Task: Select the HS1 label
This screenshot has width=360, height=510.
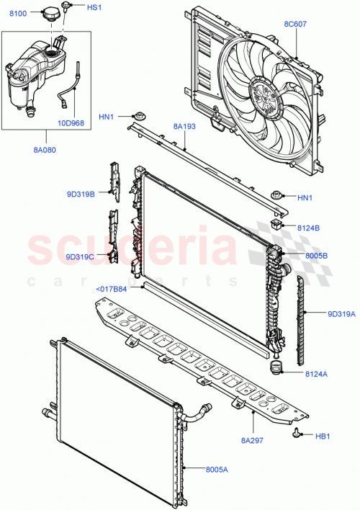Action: pos(94,7)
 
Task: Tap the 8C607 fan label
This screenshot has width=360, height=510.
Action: pos(294,24)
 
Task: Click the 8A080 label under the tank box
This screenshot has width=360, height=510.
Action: pos(44,150)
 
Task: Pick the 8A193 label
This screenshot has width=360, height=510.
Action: pos(185,127)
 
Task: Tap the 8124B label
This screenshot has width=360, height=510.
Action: pos(310,228)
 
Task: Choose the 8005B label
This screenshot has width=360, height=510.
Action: pos(315,255)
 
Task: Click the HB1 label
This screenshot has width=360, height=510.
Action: pos(323,435)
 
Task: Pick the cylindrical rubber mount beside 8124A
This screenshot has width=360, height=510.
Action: pos(274,369)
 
